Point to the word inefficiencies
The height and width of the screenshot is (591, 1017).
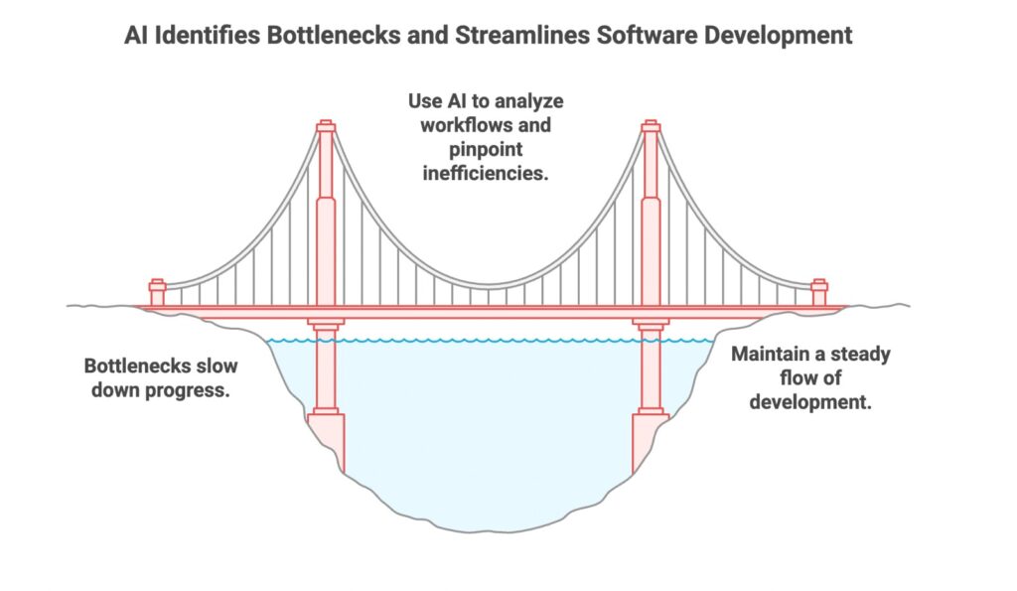[485, 173]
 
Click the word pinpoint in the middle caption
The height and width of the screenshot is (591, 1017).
[486, 150]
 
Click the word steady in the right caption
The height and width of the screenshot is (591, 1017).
[860, 355]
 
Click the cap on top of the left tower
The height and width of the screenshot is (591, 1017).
[326, 126]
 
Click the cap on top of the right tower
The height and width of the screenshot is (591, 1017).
[651, 126]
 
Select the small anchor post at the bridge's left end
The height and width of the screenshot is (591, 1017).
[157, 293]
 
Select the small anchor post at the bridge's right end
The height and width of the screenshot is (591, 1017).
[819, 293]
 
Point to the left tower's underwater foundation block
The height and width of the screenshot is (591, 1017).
[326, 441]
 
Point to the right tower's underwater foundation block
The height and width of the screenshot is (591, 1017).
[650, 441]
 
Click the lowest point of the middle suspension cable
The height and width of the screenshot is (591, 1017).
[489, 285]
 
